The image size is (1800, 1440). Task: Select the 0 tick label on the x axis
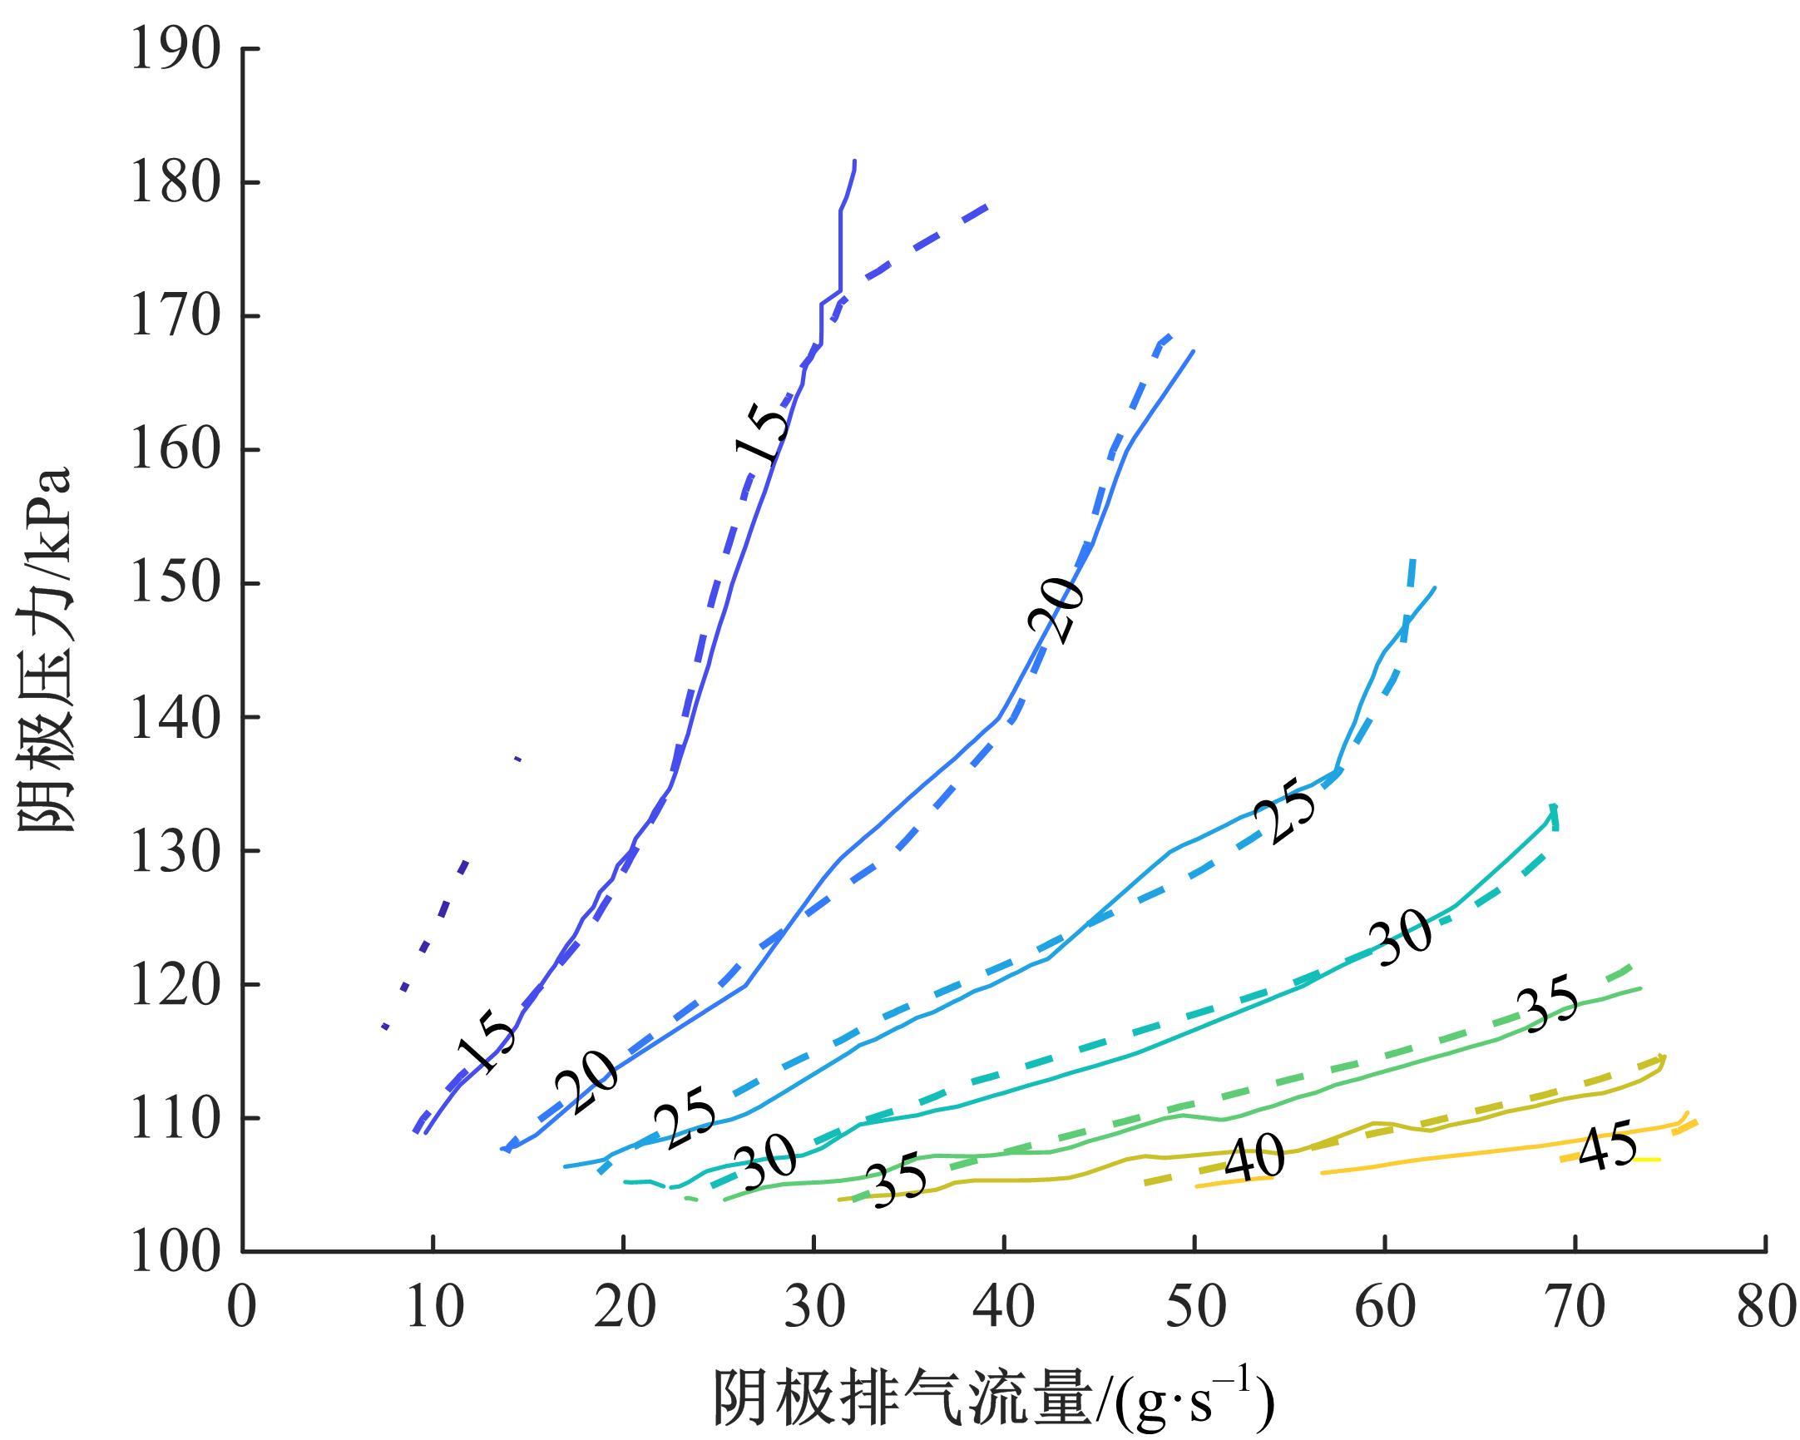pos(242,1308)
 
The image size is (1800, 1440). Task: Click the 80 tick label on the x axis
pos(1766,1308)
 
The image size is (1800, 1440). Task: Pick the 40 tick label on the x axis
pos(1004,1308)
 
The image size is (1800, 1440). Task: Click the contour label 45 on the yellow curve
pos(1606,1150)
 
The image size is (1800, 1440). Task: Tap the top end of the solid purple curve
pos(854,162)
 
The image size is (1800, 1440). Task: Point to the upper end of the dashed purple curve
pos(987,205)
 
